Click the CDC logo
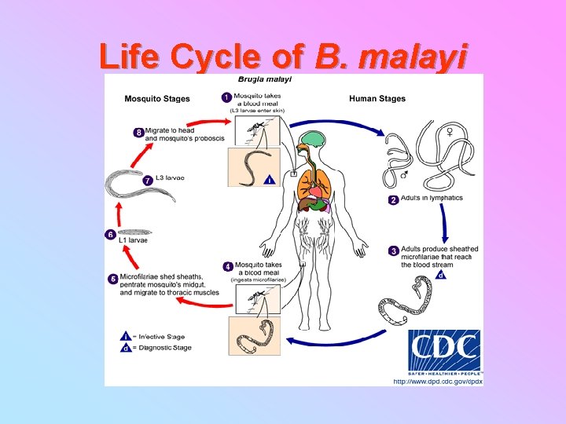[x=445, y=350]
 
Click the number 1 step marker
[x=227, y=98]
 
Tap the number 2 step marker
[x=393, y=200]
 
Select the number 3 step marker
[x=393, y=251]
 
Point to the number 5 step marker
[x=113, y=278]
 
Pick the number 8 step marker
[x=138, y=133]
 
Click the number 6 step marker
[x=110, y=233]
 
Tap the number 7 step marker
[x=147, y=180]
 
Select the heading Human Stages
[x=377, y=99]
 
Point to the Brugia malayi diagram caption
[x=265, y=79]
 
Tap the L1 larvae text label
[x=134, y=240]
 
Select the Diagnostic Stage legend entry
[x=162, y=347]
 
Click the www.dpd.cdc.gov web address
[x=437, y=381]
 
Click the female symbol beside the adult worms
[x=450, y=130]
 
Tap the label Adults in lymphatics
[x=432, y=199]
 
